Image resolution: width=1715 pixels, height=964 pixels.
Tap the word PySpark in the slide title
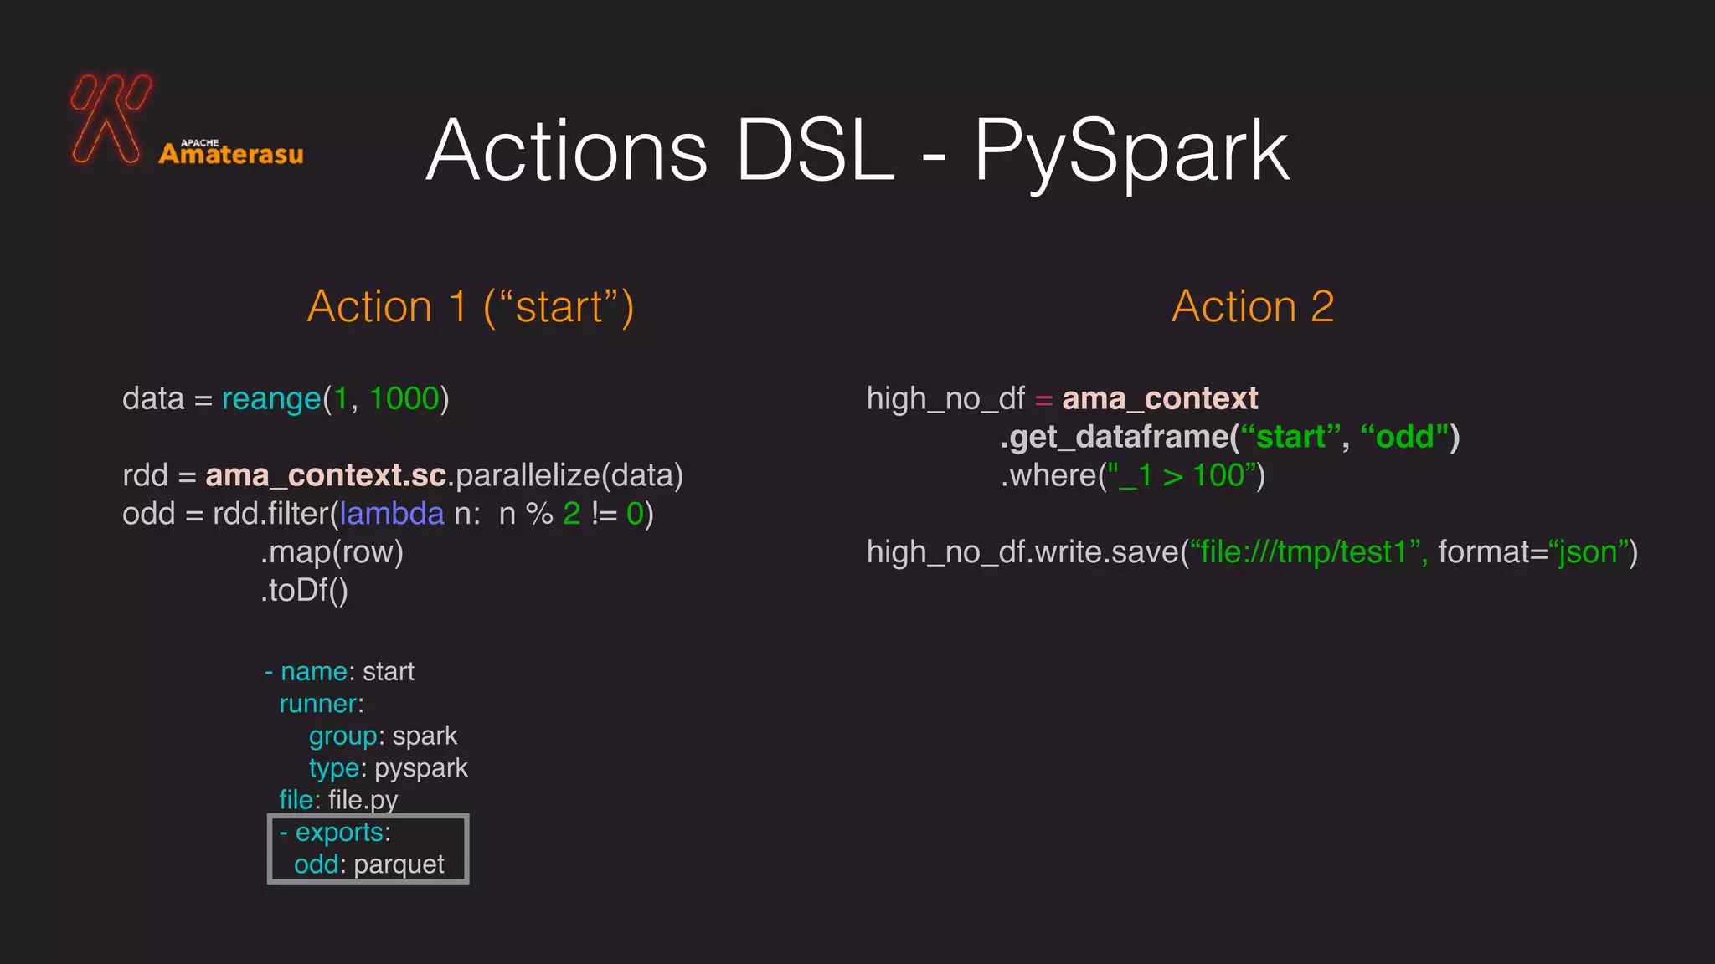pyautogui.click(x=1130, y=151)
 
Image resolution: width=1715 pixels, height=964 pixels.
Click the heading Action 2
pyautogui.click(x=1252, y=306)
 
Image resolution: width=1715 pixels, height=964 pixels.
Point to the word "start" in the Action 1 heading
pyautogui.click(x=559, y=307)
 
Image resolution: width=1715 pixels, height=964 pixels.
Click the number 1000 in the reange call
pyautogui.click(x=404, y=399)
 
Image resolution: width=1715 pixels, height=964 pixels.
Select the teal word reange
pyautogui.click(x=271, y=399)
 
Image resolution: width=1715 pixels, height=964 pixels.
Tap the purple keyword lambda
pyautogui.click(x=391, y=514)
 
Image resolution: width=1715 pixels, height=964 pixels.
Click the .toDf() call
pyautogui.click(x=304, y=591)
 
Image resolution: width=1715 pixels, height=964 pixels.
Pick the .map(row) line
pyautogui.click(x=332, y=552)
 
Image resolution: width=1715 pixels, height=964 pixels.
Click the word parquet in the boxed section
pyautogui.click(x=399, y=864)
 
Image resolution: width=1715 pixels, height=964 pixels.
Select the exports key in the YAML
pyautogui.click(x=339, y=833)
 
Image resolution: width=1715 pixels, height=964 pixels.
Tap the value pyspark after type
pyautogui.click(x=420, y=768)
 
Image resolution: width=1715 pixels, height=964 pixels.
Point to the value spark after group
pyautogui.click(x=425, y=736)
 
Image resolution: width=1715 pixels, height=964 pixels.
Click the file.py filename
pyautogui.click(x=363, y=800)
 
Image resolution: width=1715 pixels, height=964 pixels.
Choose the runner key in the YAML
pyautogui.click(x=318, y=704)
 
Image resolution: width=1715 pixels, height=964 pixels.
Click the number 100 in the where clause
pyautogui.click(x=1218, y=475)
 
